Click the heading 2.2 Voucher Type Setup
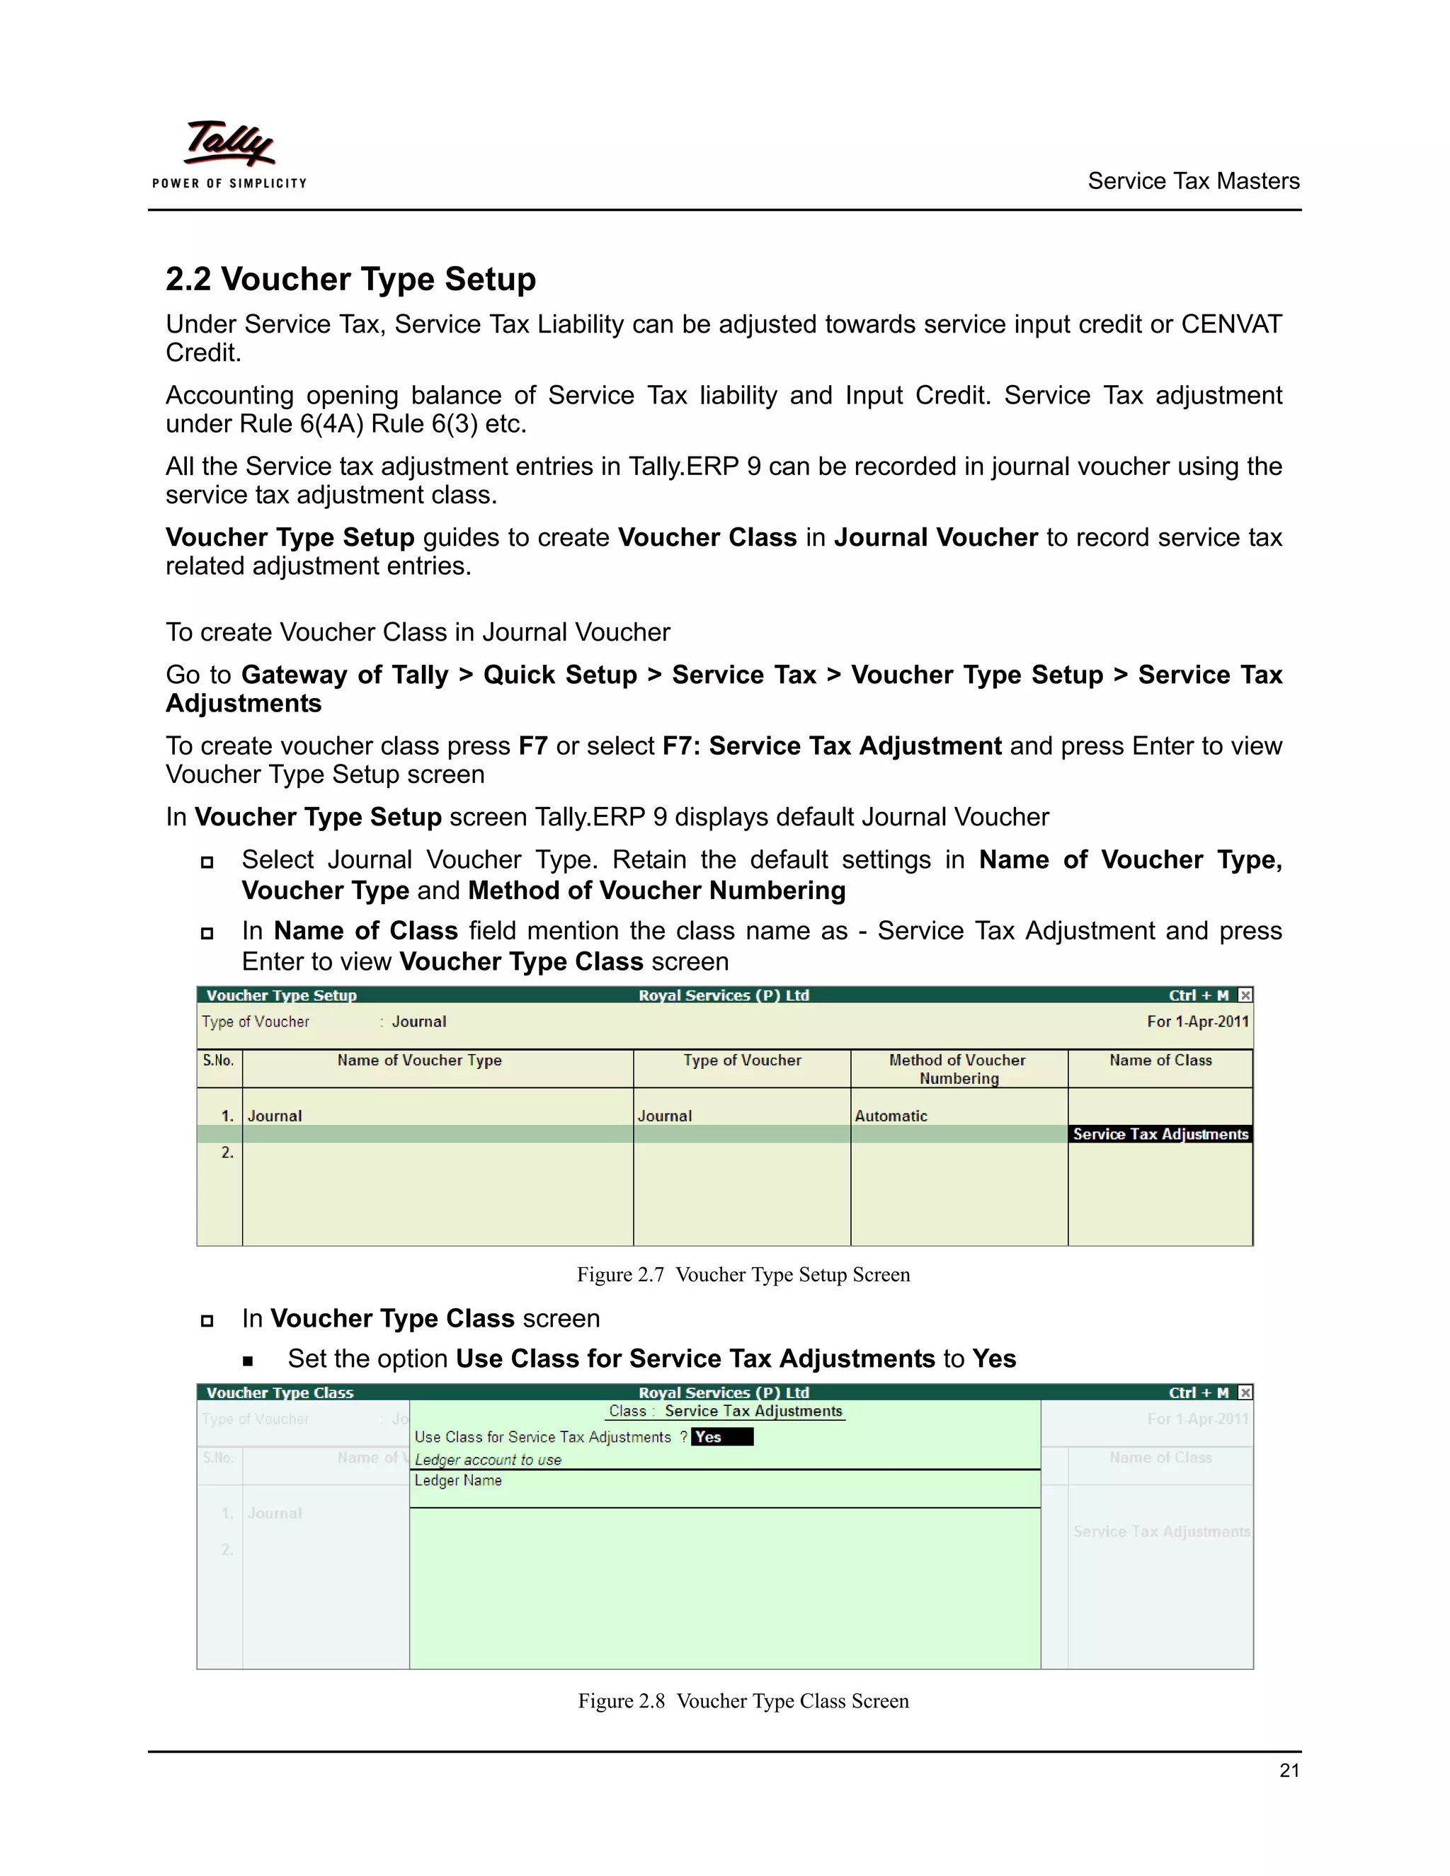[350, 279]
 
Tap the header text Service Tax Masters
[1192, 181]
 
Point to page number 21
[1289, 1771]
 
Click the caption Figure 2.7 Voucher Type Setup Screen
[743, 1275]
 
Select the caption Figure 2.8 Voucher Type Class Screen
[743, 1700]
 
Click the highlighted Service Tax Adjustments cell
[1160, 1134]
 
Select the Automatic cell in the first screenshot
[891, 1116]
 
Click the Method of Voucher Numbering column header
[958, 1068]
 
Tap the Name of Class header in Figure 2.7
[1160, 1060]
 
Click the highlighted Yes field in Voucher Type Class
[721, 1437]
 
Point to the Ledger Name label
[458, 1480]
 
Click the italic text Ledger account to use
[488, 1460]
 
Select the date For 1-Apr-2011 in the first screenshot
[1197, 1022]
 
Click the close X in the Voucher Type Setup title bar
[1245, 995]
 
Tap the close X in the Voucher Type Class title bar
[1245, 1392]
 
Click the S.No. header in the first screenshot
[218, 1060]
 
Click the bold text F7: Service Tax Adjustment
[831, 745]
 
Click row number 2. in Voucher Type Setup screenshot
[227, 1152]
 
